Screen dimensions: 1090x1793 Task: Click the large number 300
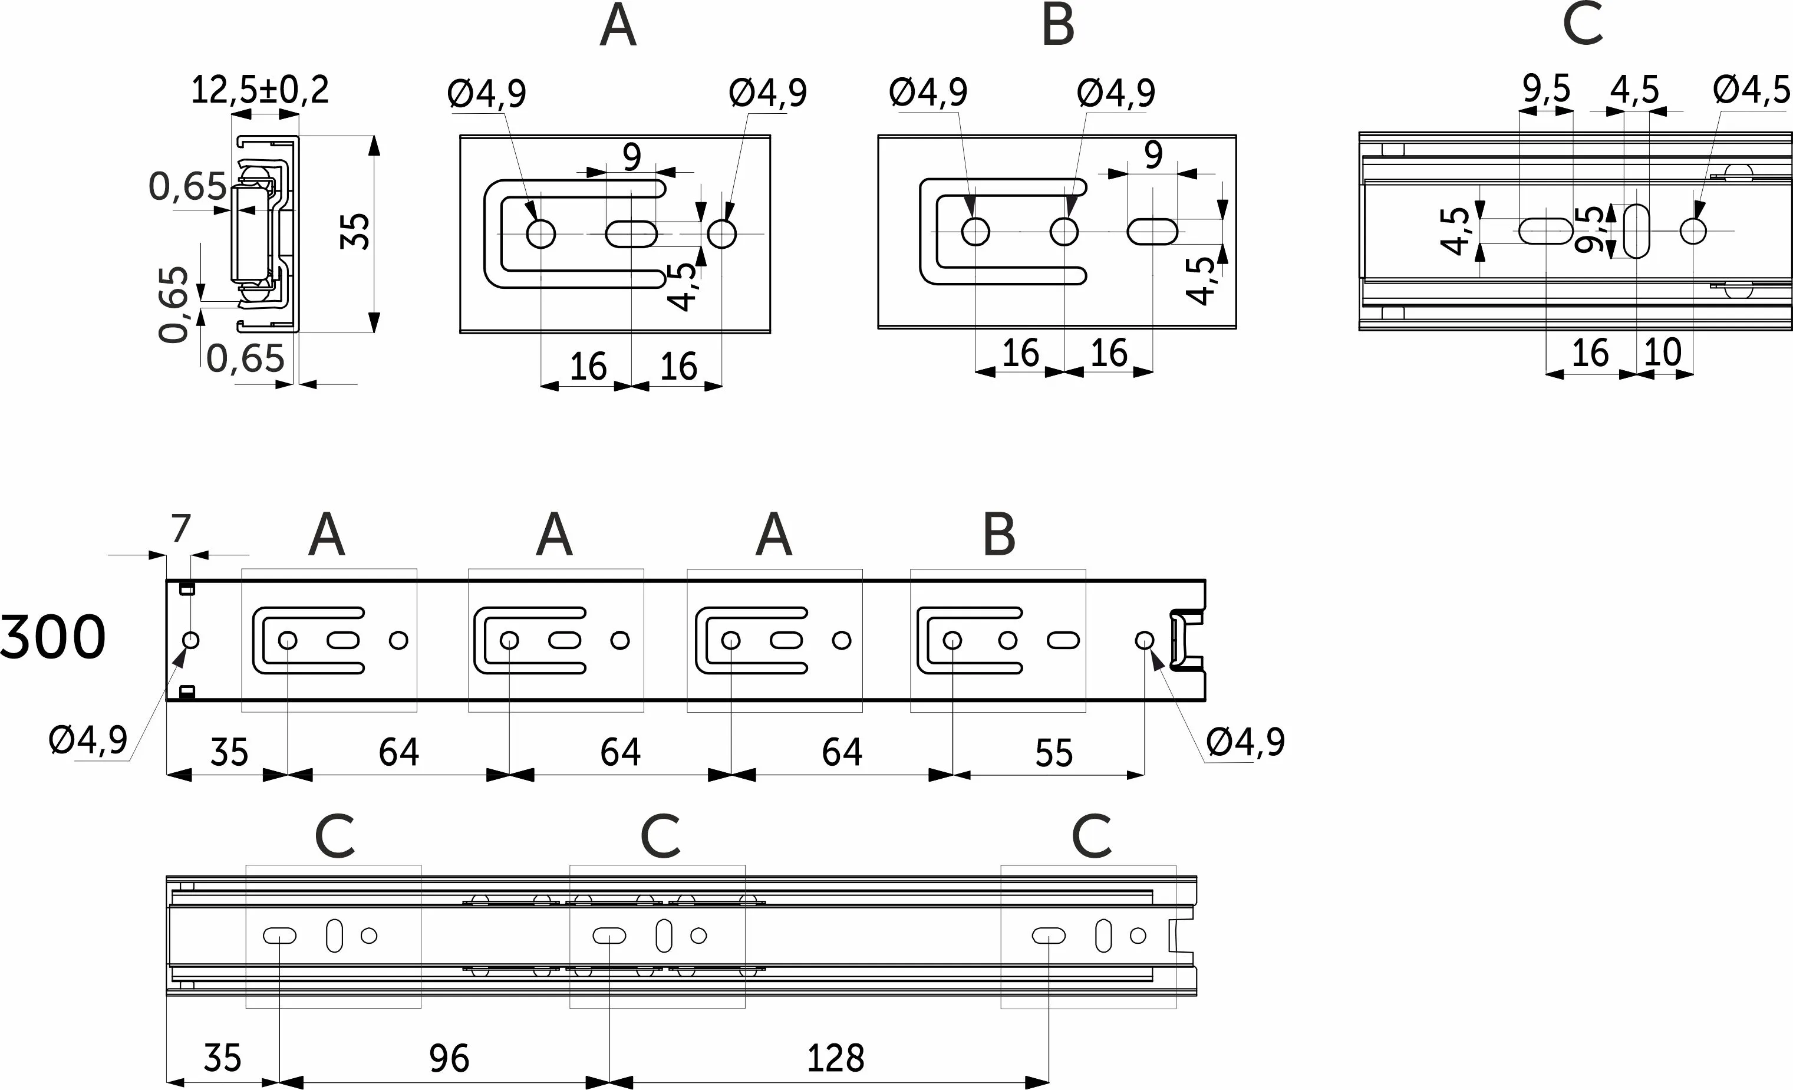click(52, 637)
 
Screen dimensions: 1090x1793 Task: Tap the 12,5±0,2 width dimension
click(260, 91)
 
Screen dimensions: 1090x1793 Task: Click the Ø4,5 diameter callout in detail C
click(1752, 90)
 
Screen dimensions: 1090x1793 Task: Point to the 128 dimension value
click(835, 1059)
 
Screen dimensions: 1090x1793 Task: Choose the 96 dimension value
click(449, 1059)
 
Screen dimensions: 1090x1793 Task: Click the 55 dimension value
click(1054, 754)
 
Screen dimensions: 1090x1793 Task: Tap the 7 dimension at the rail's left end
click(180, 528)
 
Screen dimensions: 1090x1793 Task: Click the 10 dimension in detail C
click(1663, 353)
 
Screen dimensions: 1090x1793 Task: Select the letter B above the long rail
click(998, 535)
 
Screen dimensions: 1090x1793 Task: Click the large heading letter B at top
click(1057, 26)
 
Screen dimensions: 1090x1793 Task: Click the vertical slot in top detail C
click(1637, 232)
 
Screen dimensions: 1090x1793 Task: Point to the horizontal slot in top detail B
click(1153, 232)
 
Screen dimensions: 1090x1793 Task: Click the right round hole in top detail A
click(722, 234)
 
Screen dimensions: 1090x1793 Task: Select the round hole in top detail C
click(1693, 232)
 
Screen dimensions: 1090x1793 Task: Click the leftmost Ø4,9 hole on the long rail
click(190, 640)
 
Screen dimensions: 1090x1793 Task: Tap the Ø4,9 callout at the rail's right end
click(1245, 743)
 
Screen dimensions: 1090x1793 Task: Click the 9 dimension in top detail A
click(632, 156)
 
